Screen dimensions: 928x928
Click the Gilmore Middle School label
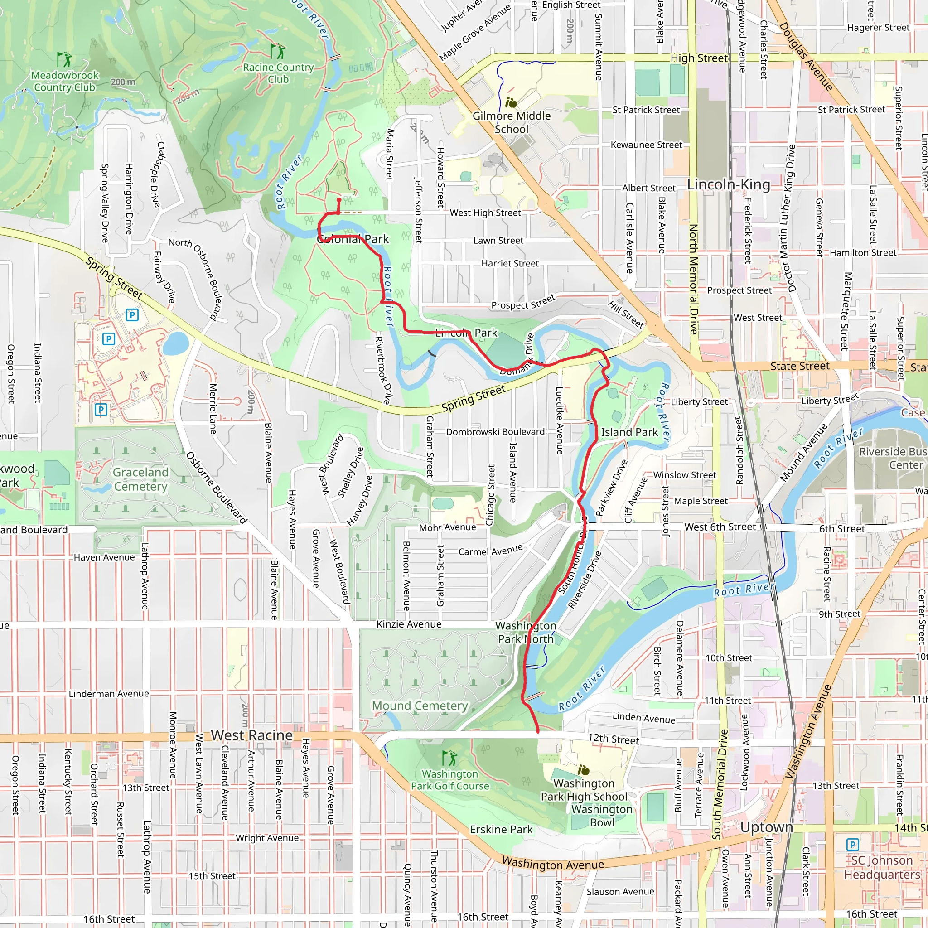[511, 122]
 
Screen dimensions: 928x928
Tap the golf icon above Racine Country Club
[278, 51]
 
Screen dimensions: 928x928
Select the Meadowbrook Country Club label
[65, 81]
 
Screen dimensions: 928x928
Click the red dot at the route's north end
[339, 200]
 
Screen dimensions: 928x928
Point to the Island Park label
[629, 432]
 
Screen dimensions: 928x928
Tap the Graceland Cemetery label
[140, 479]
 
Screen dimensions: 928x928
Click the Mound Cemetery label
[420, 706]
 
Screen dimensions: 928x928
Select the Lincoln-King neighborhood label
[728, 184]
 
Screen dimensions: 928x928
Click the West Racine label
[251, 735]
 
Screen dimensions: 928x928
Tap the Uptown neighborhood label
[766, 827]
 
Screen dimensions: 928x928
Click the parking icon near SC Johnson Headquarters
[852, 845]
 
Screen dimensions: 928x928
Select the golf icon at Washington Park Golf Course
[449, 759]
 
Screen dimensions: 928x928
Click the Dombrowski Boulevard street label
[495, 432]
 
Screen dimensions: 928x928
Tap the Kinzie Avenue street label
[409, 624]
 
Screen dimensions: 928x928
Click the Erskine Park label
[501, 830]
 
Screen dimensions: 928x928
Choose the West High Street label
[485, 213]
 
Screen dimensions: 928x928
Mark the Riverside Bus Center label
[893, 458]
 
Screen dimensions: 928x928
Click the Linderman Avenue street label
[109, 694]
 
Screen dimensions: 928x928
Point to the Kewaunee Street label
[646, 145]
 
